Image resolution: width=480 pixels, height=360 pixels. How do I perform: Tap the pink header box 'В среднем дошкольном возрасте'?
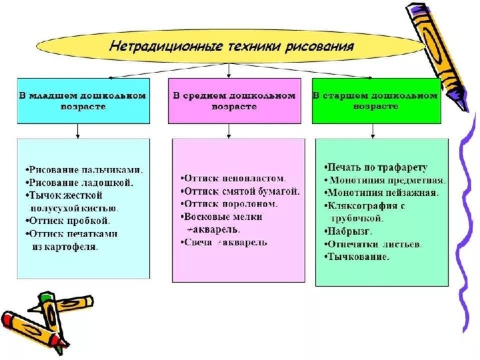(234, 101)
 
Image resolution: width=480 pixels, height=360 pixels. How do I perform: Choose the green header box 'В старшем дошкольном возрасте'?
(376, 101)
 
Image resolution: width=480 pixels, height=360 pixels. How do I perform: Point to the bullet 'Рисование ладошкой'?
(81, 182)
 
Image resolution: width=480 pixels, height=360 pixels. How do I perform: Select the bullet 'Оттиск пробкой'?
(69, 220)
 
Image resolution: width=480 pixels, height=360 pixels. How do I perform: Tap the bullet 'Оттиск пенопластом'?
(233, 179)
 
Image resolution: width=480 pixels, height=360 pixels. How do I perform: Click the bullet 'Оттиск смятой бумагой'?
(241, 191)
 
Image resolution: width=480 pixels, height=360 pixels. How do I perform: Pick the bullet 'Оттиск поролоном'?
(230, 204)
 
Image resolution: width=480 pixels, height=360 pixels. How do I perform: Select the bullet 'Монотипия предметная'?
(385, 180)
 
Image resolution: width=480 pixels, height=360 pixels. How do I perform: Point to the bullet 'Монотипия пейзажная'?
(381, 193)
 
